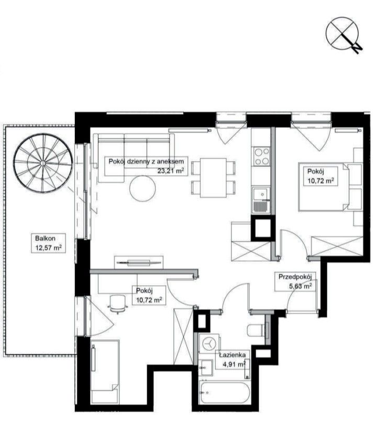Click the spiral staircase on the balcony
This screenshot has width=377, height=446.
[x=42, y=163]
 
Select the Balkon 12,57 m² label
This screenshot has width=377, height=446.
[x=48, y=243]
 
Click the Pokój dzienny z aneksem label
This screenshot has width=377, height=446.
[x=146, y=162]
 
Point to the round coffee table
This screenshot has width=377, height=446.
[x=142, y=188]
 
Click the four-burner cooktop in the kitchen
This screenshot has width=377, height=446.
[x=262, y=156]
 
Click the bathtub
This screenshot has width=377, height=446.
[x=225, y=393]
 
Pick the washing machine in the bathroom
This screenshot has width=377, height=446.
[x=209, y=343]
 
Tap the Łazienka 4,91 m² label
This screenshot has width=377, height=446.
[x=232, y=360]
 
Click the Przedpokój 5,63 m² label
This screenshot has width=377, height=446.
[x=295, y=282]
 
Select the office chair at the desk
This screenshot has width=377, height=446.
[x=117, y=304]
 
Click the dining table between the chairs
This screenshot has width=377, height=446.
[x=214, y=178]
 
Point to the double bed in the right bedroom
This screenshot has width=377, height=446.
[x=324, y=187]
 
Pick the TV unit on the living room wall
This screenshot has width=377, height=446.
[x=139, y=263]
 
